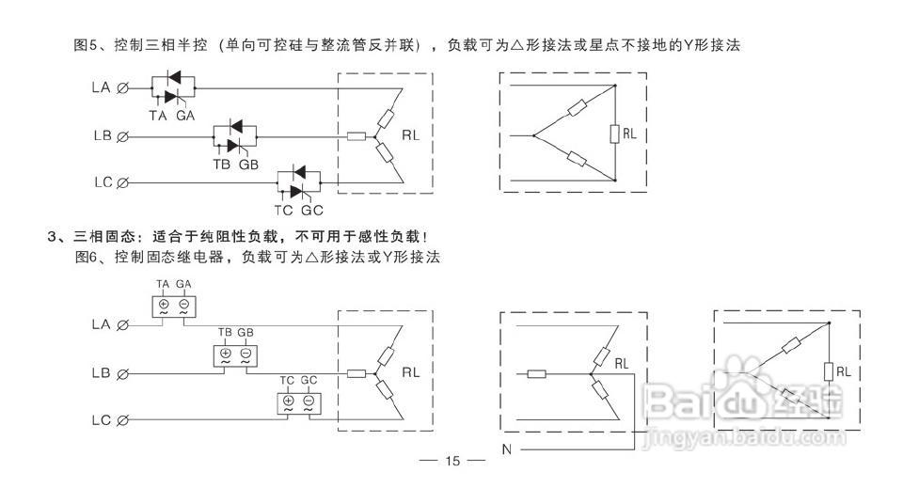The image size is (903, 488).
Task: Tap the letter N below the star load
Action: [507, 450]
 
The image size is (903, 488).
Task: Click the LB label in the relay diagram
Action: [103, 373]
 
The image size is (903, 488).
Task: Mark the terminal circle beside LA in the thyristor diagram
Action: [123, 88]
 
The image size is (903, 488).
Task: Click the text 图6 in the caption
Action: [87, 255]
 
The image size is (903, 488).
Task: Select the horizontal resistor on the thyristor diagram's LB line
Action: [356, 136]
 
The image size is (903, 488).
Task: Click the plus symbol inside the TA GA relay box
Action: [163, 305]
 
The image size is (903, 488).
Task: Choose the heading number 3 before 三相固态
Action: [52, 235]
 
